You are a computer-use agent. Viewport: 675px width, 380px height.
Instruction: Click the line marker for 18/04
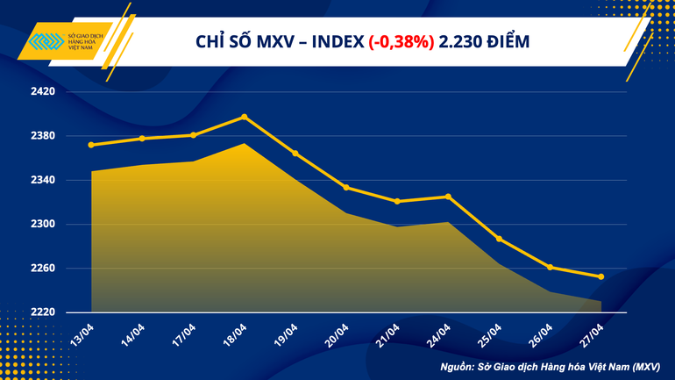click(244, 117)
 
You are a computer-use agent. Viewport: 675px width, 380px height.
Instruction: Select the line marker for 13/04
click(91, 145)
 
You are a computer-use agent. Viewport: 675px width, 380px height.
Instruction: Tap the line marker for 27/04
click(600, 276)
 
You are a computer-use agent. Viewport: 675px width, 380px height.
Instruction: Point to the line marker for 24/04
click(448, 197)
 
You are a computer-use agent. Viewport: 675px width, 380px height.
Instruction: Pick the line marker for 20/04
click(346, 187)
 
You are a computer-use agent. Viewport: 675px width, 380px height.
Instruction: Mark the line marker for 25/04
click(499, 239)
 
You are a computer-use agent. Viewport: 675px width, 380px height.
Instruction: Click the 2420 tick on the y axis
click(43, 91)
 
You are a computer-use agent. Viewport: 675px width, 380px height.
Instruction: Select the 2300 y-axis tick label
click(43, 224)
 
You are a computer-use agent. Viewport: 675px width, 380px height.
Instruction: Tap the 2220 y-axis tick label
click(43, 312)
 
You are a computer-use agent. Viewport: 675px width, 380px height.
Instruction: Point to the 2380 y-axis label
click(43, 136)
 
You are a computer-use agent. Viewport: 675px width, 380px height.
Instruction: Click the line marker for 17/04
click(193, 135)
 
